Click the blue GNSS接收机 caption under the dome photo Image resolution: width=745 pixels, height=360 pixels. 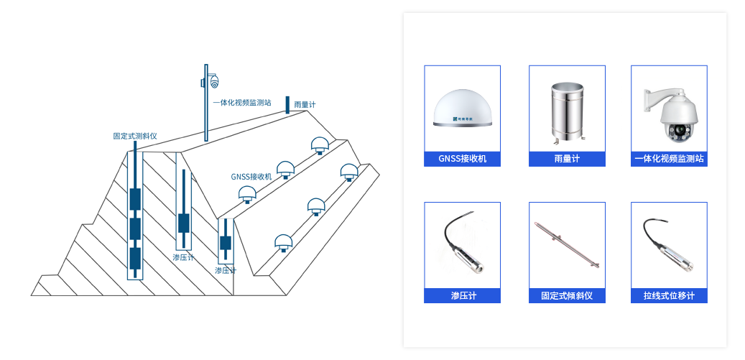pos(462,159)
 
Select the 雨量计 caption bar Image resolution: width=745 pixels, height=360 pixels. pos(567,159)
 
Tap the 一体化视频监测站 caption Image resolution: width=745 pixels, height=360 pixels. pos(669,159)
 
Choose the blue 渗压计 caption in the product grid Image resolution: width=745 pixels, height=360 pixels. pos(462,296)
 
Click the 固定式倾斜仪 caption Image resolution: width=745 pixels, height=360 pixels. pos(567,296)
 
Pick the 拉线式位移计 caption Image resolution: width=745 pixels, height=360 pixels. pos(669,296)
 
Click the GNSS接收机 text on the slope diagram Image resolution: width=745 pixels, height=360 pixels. pos(251,177)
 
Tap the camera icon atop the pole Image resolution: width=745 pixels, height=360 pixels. pos(213,81)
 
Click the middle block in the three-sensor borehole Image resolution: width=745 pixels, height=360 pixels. pos(135,229)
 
